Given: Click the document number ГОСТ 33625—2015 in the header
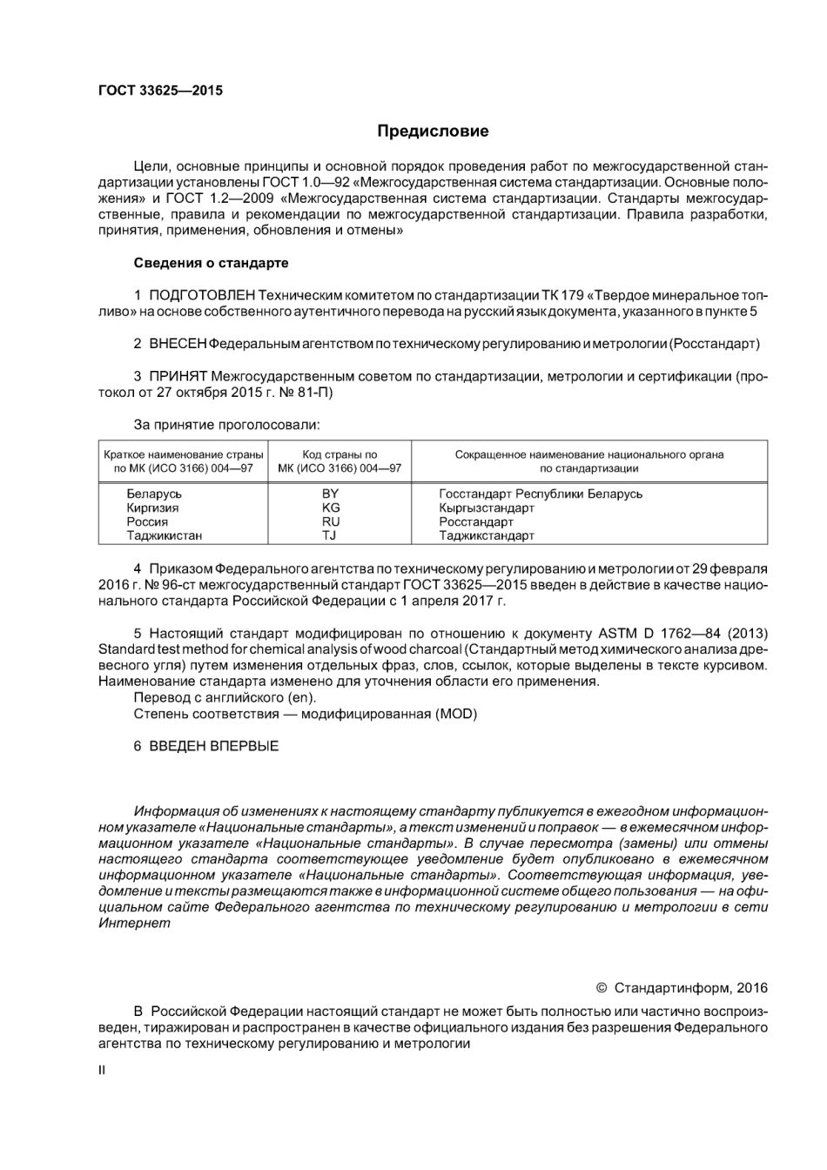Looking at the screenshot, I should pyautogui.click(x=160, y=91).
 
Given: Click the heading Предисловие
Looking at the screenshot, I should pyautogui.click(x=433, y=131).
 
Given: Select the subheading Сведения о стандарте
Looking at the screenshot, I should pyautogui.click(x=211, y=263).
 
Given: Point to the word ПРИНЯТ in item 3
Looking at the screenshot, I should pyautogui.click(x=178, y=376).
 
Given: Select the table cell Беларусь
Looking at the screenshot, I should pyautogui.click(x=154, y=494).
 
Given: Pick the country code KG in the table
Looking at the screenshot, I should pyautogui.click(x=331, y=508).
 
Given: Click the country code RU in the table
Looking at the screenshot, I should pyautogui.click(x=331, y=521).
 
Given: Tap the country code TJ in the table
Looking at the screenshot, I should pyautogui.click(x=331, y=535).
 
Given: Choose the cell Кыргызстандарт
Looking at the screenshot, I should pyautogui.click(x=487, y=508).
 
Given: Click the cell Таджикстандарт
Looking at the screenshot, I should pyautogui.click(x=487, y=535).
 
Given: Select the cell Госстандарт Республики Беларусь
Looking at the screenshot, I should pyautogui.click(x=541, y=494).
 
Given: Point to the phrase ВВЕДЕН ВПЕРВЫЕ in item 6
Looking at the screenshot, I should pyautogui.click(x=214, y=746).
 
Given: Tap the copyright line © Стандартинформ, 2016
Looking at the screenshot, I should pyautogui.click(x=682, y=988).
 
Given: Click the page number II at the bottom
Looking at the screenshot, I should pyautogui.click(x=102, y=1070).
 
